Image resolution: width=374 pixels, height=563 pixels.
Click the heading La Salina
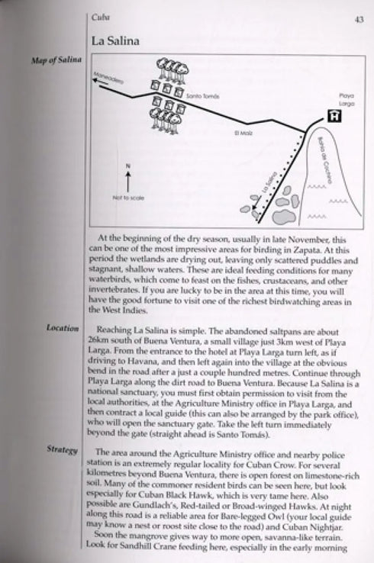click(x=116, y=41)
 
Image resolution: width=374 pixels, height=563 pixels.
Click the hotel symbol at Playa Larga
click(x=334, y=116)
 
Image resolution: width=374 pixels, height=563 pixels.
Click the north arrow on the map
click(x=127, y=180)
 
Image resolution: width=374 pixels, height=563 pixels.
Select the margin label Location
click(x=63, y=328)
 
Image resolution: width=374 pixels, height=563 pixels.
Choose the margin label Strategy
click(x=63, y=450)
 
